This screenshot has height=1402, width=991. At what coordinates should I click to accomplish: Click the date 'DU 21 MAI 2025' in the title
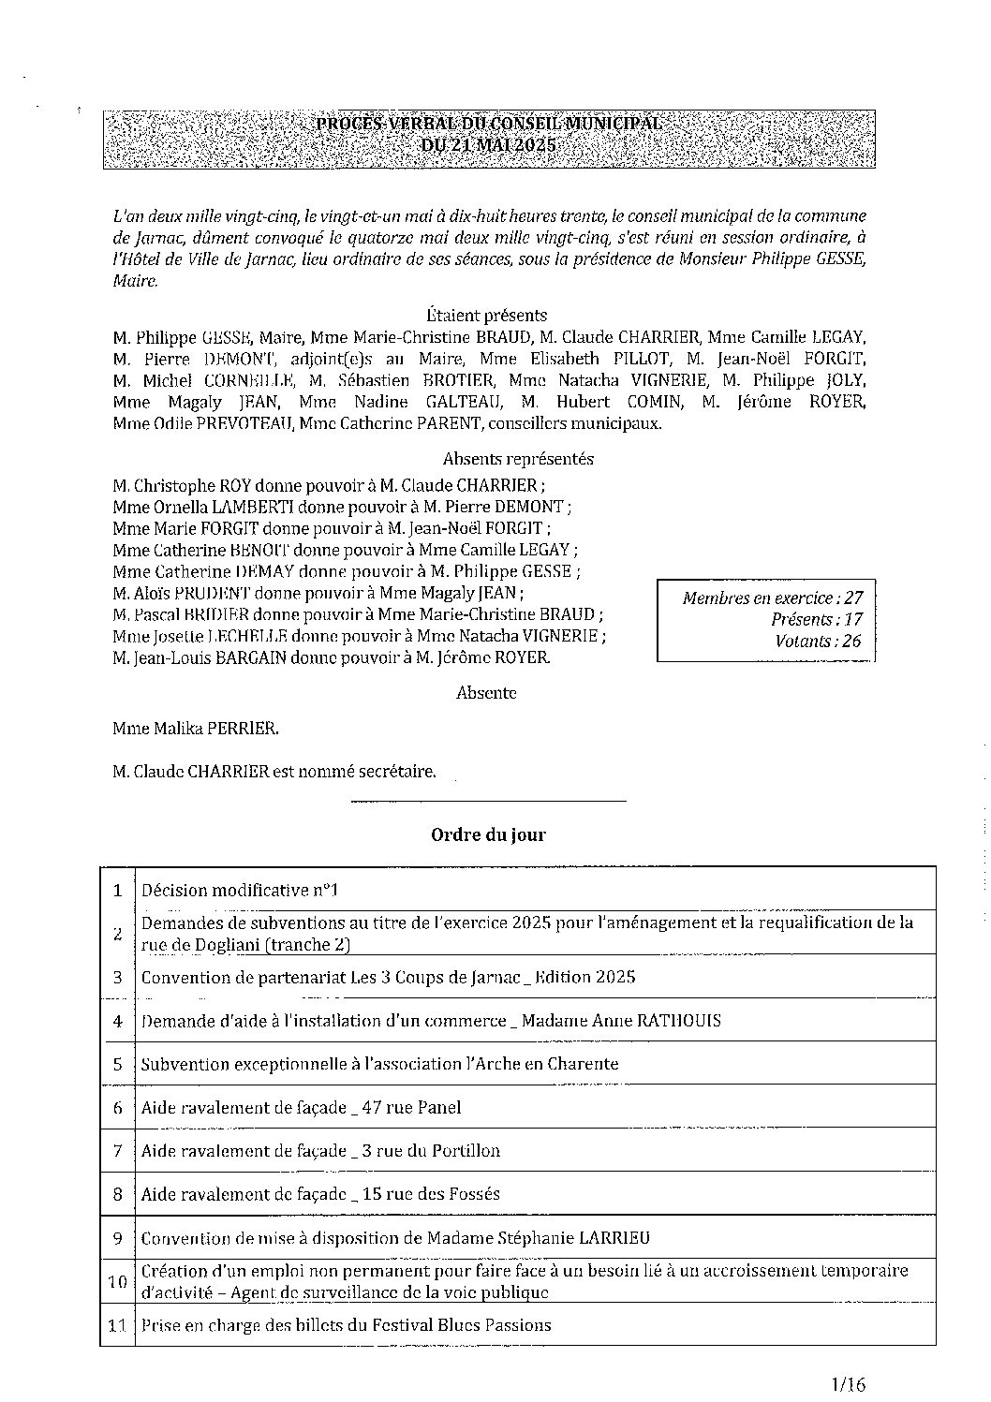pos(488,145)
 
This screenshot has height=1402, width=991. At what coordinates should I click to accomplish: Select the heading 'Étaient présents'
pos(486,316)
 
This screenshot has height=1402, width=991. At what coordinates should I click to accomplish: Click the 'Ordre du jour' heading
pos(488,834)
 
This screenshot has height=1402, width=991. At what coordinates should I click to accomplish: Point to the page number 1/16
pos(849,1383)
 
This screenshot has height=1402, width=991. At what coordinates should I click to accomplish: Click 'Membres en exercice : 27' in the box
pos(772,598)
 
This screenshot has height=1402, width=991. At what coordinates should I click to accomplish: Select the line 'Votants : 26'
pos(818,642)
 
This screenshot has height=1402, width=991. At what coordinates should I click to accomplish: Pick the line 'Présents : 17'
pos(816,619)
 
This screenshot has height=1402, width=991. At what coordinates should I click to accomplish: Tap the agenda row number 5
pos(118,1065)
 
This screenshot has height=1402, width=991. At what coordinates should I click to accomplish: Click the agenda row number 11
pos(118,1325)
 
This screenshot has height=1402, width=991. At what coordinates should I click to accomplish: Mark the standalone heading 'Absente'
pos(486,693)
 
